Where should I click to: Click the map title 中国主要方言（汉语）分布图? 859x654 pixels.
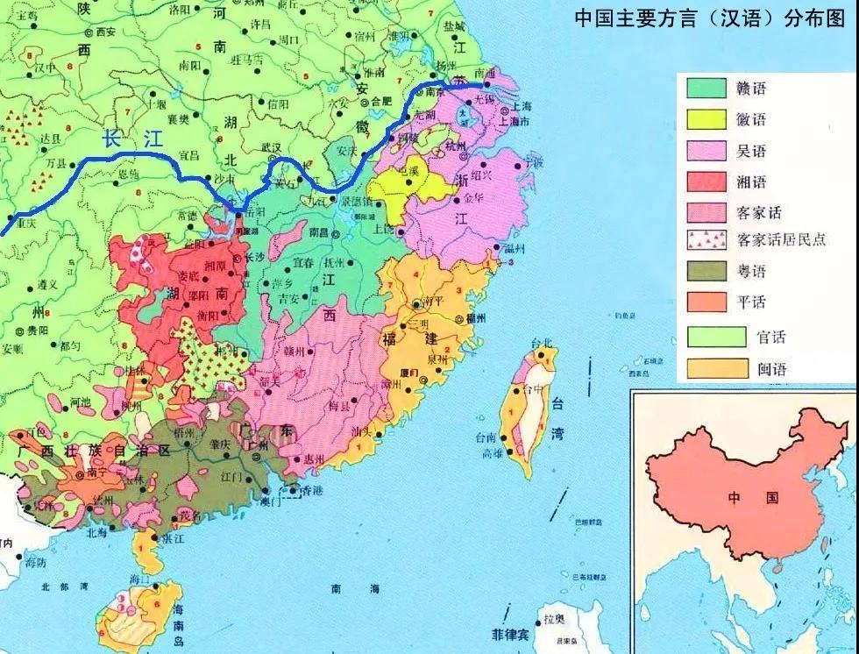(709, 18)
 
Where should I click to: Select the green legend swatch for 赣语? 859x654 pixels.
(706, 88)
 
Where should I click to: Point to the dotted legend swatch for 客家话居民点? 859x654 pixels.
(706, 239)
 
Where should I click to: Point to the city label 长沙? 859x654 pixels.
(253, 258)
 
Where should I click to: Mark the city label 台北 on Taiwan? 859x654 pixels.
(543, 342)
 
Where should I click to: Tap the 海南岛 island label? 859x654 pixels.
(177, 614)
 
